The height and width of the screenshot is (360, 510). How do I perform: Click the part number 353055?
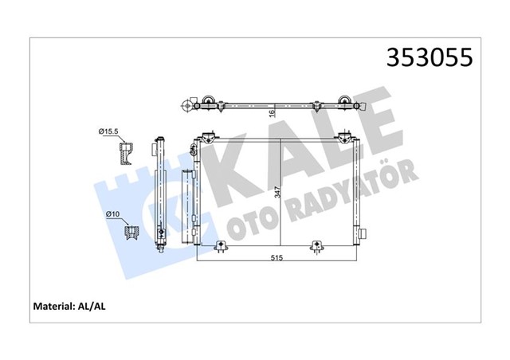click(430, 57)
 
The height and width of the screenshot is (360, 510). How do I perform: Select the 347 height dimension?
click(276, 192)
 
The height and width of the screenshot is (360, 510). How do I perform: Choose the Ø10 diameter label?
click(112, 214)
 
